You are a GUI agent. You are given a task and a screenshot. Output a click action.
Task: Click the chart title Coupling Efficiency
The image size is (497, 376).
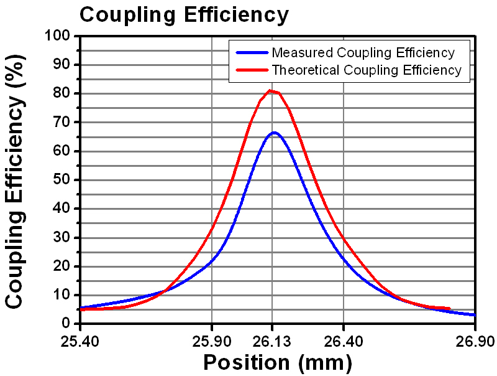184,14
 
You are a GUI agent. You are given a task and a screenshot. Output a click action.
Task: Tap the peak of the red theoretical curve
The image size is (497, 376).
270,91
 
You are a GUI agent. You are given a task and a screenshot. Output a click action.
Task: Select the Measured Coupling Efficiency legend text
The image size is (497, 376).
363,52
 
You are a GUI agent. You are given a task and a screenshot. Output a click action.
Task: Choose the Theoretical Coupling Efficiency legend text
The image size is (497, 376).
367,70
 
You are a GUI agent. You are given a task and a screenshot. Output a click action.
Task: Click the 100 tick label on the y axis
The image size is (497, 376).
58,36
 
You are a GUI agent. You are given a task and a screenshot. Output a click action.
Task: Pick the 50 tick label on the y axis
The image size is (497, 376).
62,180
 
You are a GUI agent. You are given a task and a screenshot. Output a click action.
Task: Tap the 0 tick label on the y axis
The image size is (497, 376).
66,324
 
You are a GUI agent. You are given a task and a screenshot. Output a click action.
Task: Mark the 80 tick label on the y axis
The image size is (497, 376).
62,94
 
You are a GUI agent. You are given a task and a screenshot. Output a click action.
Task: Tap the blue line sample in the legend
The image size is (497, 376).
250,52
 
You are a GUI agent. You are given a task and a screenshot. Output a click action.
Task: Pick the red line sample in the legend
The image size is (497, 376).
250,70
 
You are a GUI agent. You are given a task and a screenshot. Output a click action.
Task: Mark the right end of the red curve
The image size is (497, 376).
449,308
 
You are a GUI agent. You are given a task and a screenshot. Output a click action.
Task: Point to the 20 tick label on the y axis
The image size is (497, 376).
62,266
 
